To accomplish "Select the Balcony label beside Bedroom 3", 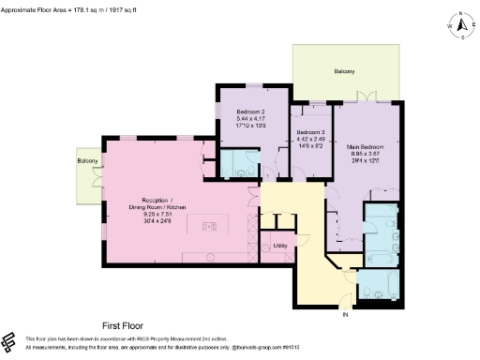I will tap(345, 71).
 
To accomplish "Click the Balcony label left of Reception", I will tap(87, 161).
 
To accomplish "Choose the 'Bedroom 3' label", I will tap(308, 133).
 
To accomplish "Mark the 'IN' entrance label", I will tap(346, 315).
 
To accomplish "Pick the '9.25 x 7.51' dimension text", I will tap(153, 214).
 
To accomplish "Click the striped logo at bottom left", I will tap(10, 341).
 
